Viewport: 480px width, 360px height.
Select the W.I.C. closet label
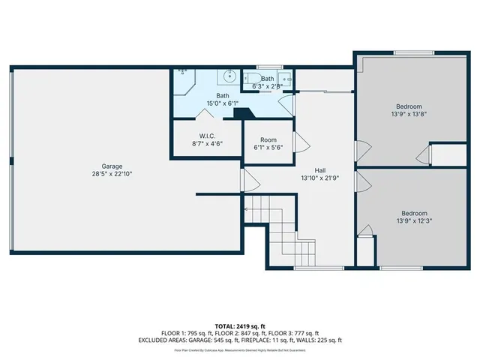tap(207, 136)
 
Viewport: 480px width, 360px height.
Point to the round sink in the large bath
tap(229, 76)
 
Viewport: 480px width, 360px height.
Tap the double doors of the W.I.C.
tap(207, 115)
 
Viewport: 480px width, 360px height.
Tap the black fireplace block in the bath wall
tap(242, 114)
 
